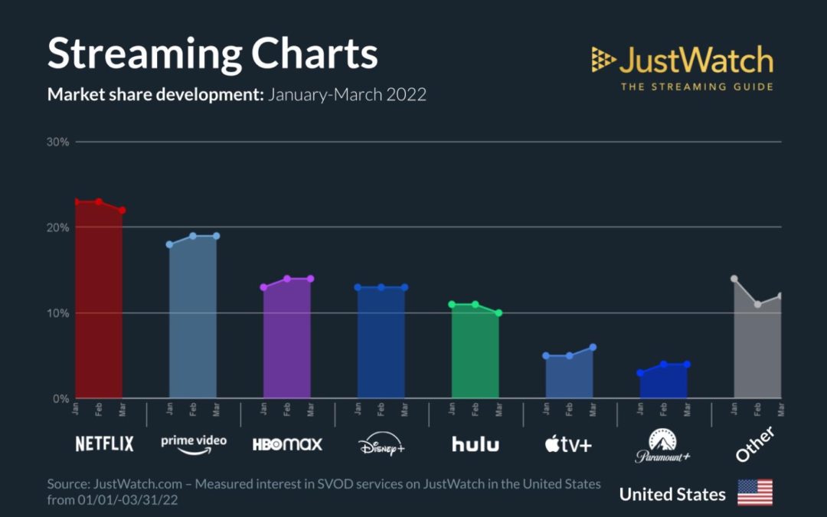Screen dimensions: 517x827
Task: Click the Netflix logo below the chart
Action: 104,443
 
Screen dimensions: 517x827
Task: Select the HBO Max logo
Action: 287,443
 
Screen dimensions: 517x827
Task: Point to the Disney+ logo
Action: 381,444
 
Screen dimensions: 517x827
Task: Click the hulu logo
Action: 475,443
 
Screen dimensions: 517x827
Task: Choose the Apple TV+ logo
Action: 568,444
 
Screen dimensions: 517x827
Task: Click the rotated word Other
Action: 755,444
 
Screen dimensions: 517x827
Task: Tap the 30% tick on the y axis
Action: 60,142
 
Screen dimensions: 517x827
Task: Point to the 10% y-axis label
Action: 60,313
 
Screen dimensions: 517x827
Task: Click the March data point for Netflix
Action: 123,211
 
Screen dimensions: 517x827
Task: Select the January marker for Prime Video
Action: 170,244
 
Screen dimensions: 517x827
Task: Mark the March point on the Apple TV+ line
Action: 593,347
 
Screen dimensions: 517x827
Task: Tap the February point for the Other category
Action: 757,304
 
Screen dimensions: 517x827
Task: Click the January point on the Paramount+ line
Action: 640,373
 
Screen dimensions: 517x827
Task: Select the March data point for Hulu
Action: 498,313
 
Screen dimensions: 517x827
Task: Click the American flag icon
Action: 754,492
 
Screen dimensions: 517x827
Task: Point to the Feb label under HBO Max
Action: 287,410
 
